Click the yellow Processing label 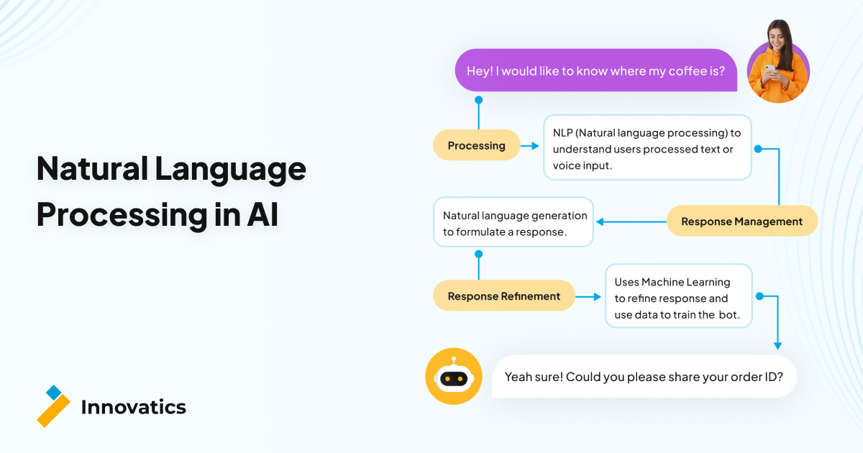tap(476, 145)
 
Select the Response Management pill tap(741, 221)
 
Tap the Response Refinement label tap(503, 296)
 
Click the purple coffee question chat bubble tap(595, 70)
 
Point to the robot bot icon tap(453, 376)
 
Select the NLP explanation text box tap(647, 148)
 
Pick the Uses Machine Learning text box tap(678, 296)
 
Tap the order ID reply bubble tap(644, 376)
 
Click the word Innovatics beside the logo tap(133, 407)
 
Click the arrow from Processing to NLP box tap(531, 146)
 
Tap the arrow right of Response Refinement tap(589, 296)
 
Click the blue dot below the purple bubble tap(478, 100)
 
